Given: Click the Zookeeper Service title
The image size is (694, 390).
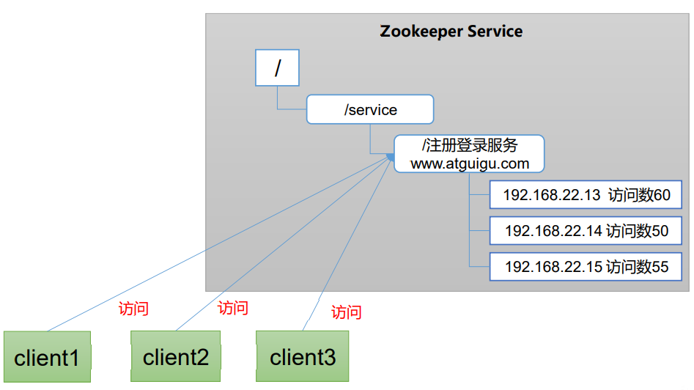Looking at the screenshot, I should (x=451, y=32).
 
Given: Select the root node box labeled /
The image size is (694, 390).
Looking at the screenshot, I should (x=277, y=68).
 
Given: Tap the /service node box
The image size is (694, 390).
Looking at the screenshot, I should (x=370, y=110).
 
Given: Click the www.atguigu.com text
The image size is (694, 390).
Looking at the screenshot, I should (x=469, y=163).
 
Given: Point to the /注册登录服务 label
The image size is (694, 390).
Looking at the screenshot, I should (x=469, y=146).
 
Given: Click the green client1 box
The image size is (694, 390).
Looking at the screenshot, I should (x=47, y=357).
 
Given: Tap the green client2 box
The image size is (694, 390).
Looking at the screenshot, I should (x=175, y=357).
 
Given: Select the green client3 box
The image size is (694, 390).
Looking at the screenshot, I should (x=303, y=357).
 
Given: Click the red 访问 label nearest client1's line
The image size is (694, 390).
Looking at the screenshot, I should (x=133, y=309).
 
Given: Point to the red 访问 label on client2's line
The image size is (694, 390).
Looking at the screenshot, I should (x=233, y=308).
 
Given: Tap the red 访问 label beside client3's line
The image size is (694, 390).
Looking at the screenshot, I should (x=346, y=312).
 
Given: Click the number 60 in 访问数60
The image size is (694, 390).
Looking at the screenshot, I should (x=662, y=196).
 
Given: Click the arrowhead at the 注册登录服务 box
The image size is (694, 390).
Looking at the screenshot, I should (x=391, y=156).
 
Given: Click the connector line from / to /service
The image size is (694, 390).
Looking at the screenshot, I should (x=278, y=99).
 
